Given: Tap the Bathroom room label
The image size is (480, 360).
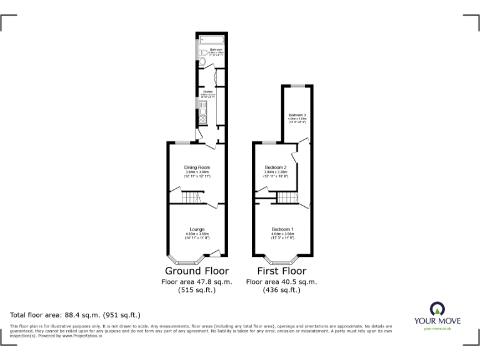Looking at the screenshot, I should click(216, 49).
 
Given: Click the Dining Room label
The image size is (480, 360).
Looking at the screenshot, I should click(196, 167).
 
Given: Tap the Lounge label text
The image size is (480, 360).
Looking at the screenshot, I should click(197, 229).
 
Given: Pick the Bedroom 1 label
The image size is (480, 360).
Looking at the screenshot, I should click(282, 229).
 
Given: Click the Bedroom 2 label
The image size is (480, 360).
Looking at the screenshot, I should click(276, 167).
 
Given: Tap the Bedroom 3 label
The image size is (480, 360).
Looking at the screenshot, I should click(297, 115).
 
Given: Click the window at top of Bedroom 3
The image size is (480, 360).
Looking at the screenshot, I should click(297, 85).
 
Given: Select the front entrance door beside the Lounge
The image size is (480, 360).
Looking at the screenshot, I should click(215, 252).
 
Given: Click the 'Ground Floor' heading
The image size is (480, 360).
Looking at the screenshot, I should click(196, 271).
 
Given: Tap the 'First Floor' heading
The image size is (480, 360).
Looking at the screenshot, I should click(282, 271).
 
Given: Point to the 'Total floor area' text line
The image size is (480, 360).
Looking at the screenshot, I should click(76, 314).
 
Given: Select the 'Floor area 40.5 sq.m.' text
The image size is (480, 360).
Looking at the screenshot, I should click(281, 282).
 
